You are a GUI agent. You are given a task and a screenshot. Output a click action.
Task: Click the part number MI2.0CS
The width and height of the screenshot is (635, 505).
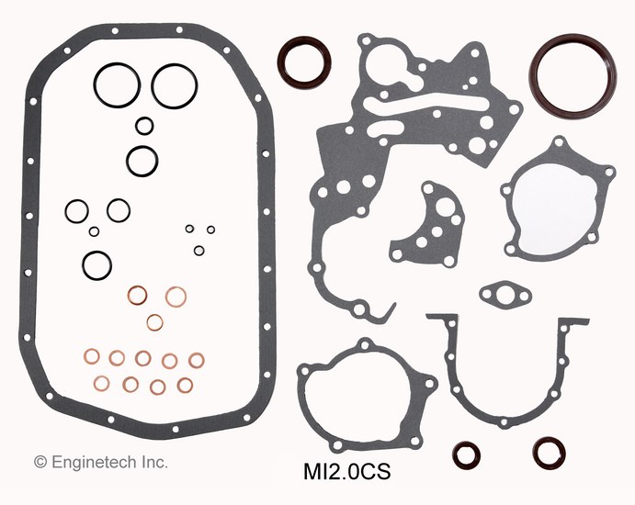pyautogui.click(x=347, y=472)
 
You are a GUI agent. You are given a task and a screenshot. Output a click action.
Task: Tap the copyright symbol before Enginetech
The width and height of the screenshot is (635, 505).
pyautogui.click(x=40, y=462)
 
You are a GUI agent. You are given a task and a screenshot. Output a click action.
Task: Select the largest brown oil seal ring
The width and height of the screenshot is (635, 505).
pyautogui.click(x=573, y=75)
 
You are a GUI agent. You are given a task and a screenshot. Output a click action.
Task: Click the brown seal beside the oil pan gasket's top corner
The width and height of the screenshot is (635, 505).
pyautogui.click(x=304, y=63)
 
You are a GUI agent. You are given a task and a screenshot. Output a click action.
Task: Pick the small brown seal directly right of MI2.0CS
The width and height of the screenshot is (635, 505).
pyautogui.click(x=467, y=455)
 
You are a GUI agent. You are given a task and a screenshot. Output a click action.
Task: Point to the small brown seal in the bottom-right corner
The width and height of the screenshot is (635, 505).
pyautogui.click(x=549, y=454)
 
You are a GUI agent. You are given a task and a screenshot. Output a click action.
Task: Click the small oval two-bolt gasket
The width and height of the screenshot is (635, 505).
pyautogui.click(x=505, y=294)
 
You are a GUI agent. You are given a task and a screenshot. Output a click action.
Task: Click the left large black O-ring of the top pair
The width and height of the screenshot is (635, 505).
pyautogui.click(x=117, y=85)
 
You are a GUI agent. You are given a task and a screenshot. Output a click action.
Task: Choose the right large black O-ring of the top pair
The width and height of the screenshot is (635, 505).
pyautogui.click(x=175, y=86)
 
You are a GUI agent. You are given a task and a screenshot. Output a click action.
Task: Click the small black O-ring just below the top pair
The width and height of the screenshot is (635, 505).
pyautogui.click(x=144, y=126)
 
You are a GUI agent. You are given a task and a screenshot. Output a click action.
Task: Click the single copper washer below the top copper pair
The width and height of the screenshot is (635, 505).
pyautogui.click(x=154, y=322)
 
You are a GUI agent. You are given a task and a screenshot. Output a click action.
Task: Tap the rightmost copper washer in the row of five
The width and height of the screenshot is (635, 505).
pyautogui.click(x=197, y=360)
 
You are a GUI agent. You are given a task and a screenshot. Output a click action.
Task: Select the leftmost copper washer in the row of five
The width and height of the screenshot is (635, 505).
pyautogui.click(x=92, y=356)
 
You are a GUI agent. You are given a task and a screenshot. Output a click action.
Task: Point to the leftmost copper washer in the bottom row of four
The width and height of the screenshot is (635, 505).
pyautogui.click(x=101, y=383)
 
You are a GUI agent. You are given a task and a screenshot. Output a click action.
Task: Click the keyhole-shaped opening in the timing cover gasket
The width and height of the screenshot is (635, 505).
pyautogui.click(x=388, y=66)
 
